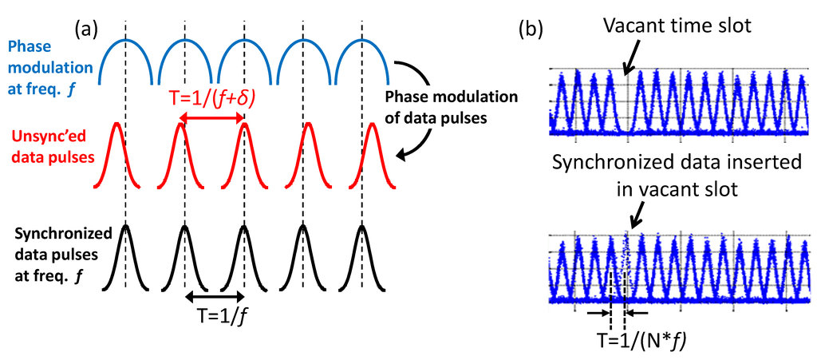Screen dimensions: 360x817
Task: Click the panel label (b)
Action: [x=532, y=30]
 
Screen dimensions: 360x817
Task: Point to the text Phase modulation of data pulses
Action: [x=451, y=105]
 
